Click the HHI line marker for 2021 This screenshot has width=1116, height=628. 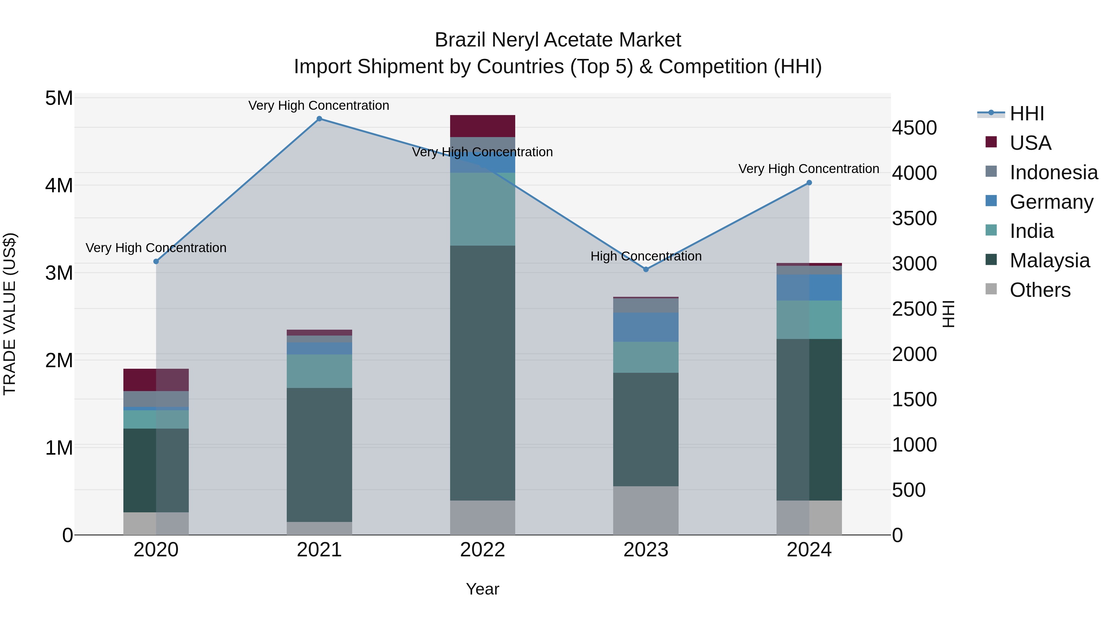[x=319, y=119]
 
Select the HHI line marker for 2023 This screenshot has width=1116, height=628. [x=646, y=269]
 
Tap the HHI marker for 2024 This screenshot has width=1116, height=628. [x=809, y=183]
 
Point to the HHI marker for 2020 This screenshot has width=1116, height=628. [x=156, y=262]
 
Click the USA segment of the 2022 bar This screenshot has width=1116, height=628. [x=483, y=126]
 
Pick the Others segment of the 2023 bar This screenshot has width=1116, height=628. [x=646, y=510]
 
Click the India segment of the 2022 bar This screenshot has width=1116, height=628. [x=483, y=209]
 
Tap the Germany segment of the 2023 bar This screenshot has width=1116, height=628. [x=646, y=327]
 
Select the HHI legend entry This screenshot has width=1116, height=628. [x=1026, y=114]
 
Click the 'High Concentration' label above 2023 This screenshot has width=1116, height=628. [x=646, y=256]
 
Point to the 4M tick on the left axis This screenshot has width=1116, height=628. [x=59, y=185]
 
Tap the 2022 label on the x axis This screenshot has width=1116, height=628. [x=483, y=550]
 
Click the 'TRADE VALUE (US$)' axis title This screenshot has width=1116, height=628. [x=10, y=314]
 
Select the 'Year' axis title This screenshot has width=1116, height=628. [x=483, y=589]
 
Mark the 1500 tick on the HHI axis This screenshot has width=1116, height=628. [x=914, y=400]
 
